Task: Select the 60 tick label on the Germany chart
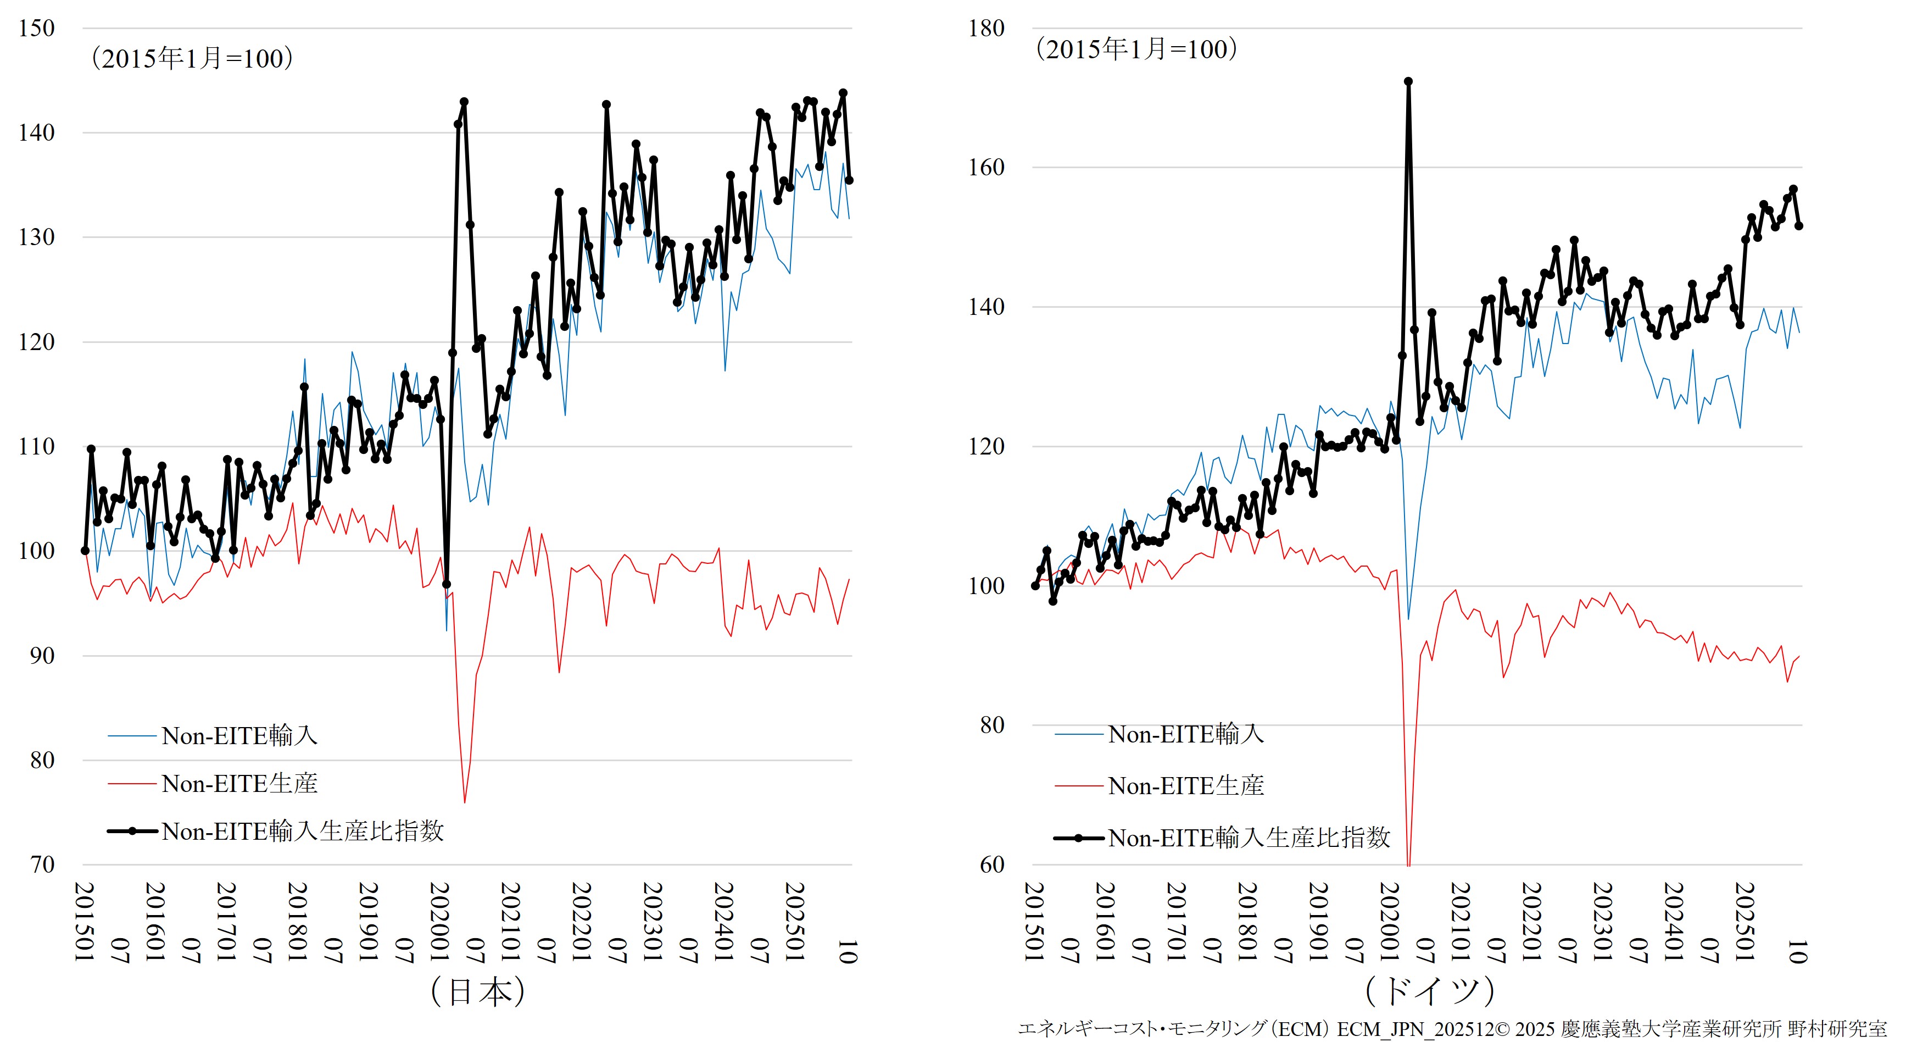click(992, 864)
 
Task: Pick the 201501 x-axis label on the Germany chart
click(1034, 922)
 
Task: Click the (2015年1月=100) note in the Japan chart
click(192, 58)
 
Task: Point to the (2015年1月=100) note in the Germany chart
click(1136, 49)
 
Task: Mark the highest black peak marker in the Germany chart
click(1408, 81)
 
